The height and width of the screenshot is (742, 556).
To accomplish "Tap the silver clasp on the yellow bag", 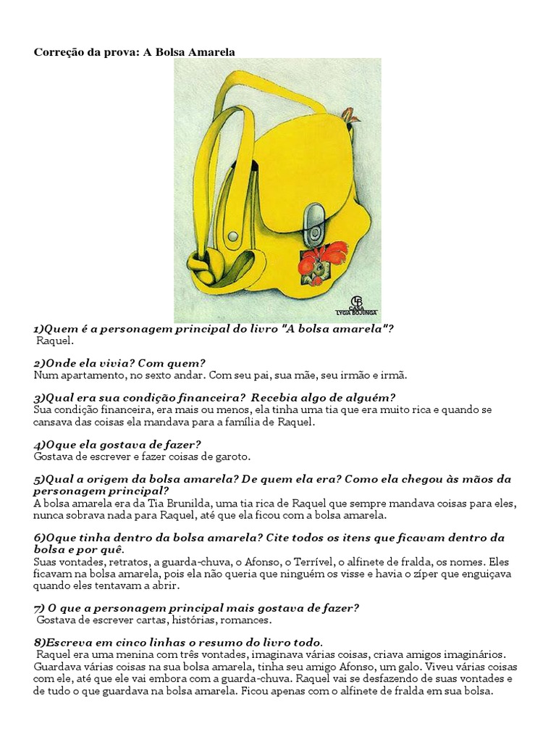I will tap(314, 222).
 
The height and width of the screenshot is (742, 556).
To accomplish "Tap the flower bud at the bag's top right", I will tap(349, 114).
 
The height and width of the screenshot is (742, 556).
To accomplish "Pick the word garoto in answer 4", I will tap(229, 457).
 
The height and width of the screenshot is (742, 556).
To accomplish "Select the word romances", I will tap(248, 620).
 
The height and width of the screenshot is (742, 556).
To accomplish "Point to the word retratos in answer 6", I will tap(116, 562).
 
